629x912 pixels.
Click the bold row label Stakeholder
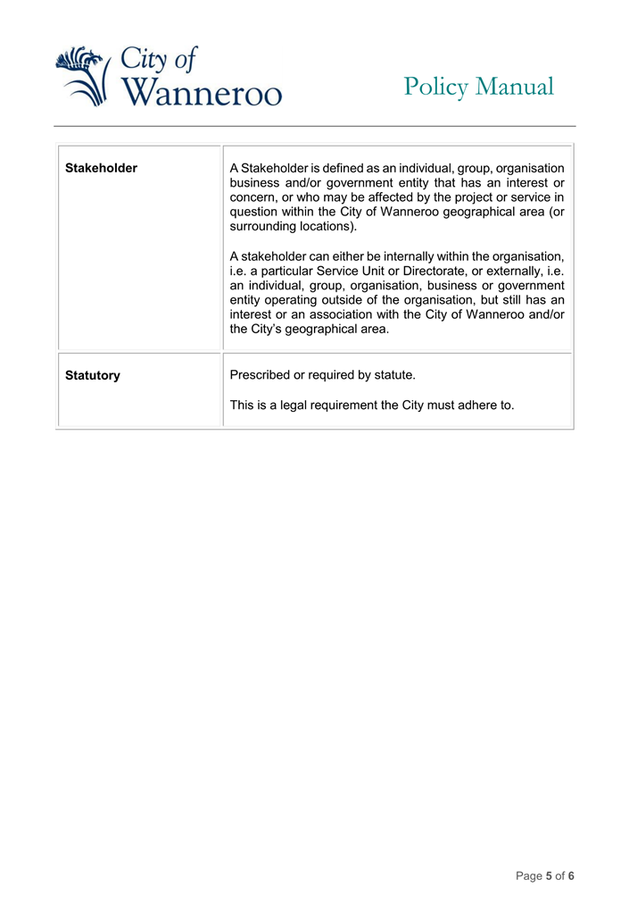pyautogui.click(x=101, y=168)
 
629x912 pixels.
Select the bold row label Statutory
pyautogui.click(x=92, y=376)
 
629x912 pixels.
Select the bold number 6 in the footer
pyautogui.click(x=571, y=876)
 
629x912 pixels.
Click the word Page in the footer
pyautogui.click(x=529, y=876)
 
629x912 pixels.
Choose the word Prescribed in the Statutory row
pyautogui.click(x=261, y=375)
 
